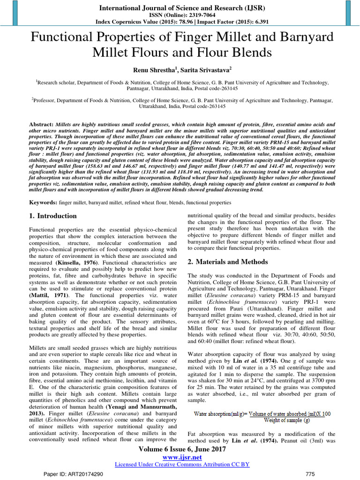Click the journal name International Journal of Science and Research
[x=180, y=8]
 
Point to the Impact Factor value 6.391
[x=256, y=22]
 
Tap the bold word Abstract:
[x=41, y=125]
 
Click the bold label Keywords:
[x=44, y=202]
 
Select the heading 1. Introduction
[x=53, y=216]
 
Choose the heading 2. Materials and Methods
[x=228, y=262]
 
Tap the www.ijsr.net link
[x=180, y=457]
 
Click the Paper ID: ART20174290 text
[x=73, y=474]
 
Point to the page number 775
[x=310, y=474]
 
